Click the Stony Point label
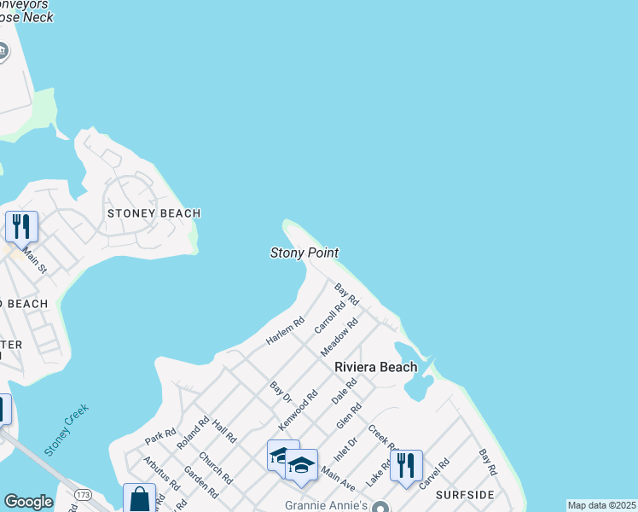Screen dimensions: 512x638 (x=304, y=253)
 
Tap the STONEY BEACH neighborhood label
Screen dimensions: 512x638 (x=153, y=213)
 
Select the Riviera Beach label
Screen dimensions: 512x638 (x=375, y=367)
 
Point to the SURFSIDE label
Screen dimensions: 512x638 (x=465, y=495)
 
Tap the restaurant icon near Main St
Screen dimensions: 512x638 (x=22, y=227)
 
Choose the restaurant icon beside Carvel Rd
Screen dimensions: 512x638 (x=406, y=466)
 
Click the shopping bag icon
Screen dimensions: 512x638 (x=139, y=499)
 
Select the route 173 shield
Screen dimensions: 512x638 (x=83, y=495)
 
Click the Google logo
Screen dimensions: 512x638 (x=28, y=502)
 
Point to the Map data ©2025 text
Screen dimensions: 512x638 (x=601, y=505)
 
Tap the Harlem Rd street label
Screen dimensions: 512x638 (x=285, y=332)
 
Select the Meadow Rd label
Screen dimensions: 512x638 (x=339, y=336)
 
